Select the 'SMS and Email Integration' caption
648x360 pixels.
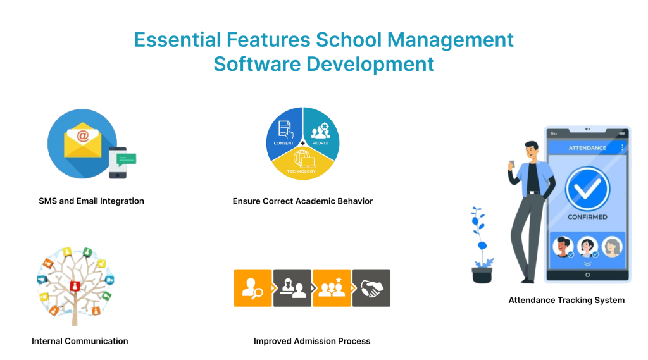[91, 201]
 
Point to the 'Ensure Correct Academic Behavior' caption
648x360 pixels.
[302, 201]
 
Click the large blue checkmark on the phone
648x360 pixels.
[587, 188]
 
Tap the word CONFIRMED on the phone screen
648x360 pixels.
[587, 217]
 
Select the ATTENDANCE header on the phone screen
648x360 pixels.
[587, 148]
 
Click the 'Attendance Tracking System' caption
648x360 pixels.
[566, 301]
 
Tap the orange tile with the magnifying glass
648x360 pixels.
[252, 288]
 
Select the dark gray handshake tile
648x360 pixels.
[371, 288]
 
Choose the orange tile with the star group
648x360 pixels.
[332, 288]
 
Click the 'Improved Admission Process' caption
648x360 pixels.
[312, 341]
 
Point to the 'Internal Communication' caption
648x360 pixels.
[80, 341]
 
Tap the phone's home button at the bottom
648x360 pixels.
[587, 275]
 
